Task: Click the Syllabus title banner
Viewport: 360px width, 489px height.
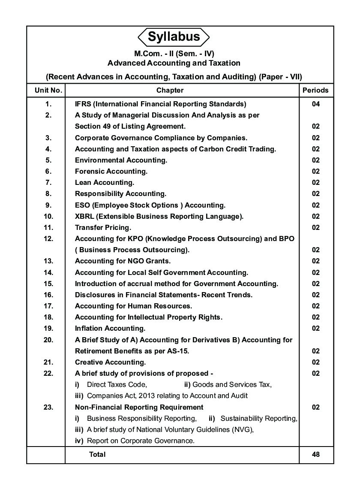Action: coord(174,37)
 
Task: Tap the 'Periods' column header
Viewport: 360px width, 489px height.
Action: coord(315,91)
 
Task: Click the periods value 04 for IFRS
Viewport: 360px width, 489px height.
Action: coord(316,104)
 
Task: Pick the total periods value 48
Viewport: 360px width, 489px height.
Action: coord(316,455)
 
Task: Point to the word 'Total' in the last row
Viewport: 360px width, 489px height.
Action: coord(97,455)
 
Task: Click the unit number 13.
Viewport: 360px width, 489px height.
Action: coord(48,261)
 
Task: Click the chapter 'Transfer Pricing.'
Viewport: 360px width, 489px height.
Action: coord(103,228)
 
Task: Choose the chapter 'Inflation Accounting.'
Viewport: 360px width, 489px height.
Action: coord(110,329)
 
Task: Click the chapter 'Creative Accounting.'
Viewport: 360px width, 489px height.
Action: coord(110,362)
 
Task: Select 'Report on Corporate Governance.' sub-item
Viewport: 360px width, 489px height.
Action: coord(141,441)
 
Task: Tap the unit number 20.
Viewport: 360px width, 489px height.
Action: coord(48,340)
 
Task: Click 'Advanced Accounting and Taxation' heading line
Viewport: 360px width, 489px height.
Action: coord(174,63)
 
